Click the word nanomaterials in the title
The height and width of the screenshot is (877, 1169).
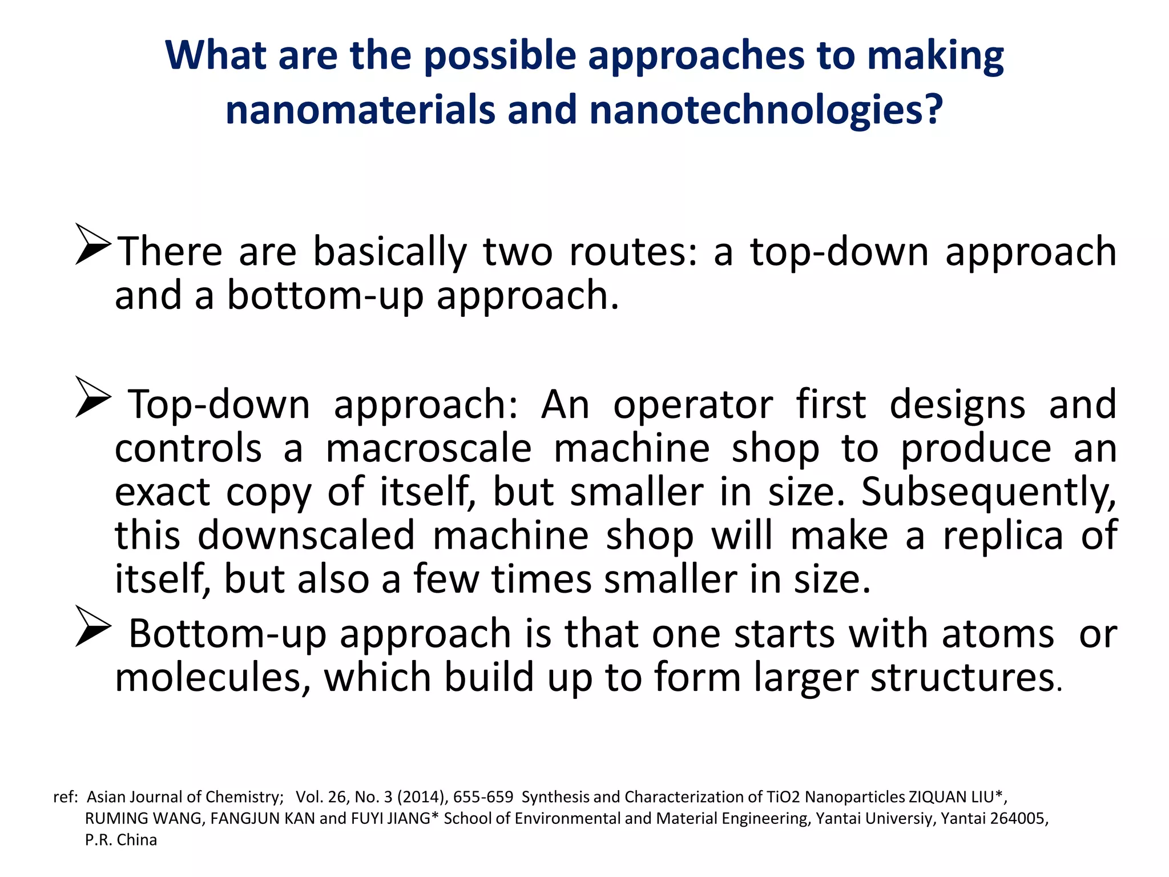point(360,110)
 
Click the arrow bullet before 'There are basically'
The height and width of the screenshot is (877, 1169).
point(93,244)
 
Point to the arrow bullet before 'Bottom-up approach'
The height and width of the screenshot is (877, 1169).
point(93,626)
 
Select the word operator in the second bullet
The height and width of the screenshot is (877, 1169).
point(693,404)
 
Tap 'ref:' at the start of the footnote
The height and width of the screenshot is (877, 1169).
point(65,797)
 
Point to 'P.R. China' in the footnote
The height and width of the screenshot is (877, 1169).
point(121,840)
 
